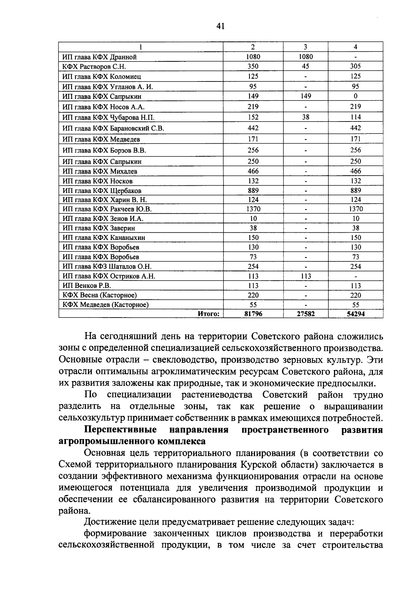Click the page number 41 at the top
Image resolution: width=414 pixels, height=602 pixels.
pos(221,26)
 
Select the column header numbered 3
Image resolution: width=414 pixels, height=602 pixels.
pos(305,47)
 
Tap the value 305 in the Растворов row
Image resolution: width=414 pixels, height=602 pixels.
pos(355,66)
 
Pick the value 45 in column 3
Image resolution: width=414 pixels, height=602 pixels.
pos(305,66)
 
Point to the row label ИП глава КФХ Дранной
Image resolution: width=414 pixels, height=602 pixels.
pos(100,57)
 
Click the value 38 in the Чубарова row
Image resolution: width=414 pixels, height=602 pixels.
pos(305,117)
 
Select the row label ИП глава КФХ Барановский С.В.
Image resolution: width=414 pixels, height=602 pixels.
pos(113,128)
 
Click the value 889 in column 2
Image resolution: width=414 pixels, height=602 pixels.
pos(253,191)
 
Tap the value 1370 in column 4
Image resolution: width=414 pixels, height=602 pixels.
pos(355,209)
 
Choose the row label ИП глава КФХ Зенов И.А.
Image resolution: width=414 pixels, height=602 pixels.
pos(103,219)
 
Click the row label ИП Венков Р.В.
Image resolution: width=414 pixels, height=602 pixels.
pos(87,286)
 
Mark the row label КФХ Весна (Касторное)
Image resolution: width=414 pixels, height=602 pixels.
pos(100,295)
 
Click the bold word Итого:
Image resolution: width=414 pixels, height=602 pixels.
pos(209,314)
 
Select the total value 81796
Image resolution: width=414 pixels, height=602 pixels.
pos(253,314)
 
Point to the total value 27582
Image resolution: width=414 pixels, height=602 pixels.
pos(305,314)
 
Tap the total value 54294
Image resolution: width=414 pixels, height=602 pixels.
pos(355,314)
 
